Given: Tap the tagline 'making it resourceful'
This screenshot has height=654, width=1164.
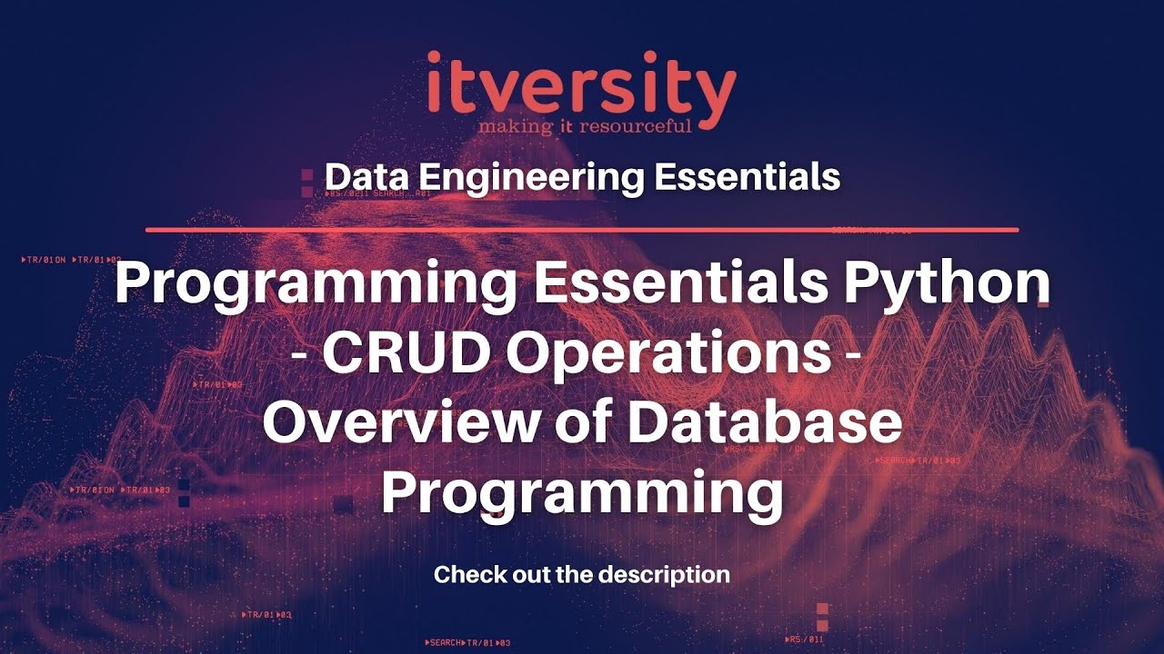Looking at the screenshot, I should (585, 124).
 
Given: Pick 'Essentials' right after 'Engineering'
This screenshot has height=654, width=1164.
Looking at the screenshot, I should (747, 177).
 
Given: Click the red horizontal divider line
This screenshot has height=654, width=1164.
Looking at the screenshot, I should (582, 230).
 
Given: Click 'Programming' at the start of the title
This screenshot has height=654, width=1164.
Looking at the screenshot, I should (316, 285).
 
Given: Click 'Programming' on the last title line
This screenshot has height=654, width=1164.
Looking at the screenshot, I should (582, 494).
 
